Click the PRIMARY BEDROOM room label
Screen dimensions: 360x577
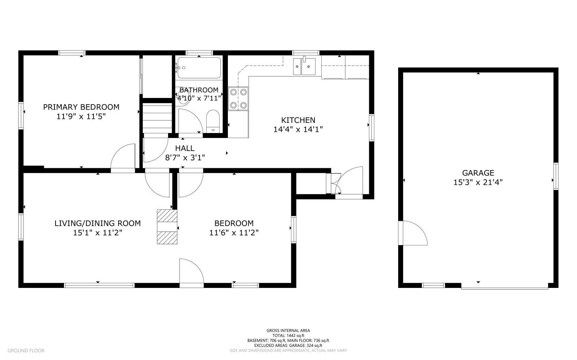81,107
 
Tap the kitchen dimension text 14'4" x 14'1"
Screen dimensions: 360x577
298,129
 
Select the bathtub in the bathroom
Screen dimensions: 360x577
199,68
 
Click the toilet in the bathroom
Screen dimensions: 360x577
213,121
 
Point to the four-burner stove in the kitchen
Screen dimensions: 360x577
238,98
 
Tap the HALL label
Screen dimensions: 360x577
185,148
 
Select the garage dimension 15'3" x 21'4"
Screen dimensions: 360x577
478,182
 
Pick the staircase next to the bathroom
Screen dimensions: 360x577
157,118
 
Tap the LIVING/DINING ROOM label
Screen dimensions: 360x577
97,223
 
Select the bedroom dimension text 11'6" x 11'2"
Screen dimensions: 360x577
234,233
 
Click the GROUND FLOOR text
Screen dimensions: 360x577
26,350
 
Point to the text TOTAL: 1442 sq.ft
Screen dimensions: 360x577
288,335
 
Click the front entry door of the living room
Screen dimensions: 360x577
191,272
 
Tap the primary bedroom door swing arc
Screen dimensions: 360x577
123,156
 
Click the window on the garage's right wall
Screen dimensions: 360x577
556,176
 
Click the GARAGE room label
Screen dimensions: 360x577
478,173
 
